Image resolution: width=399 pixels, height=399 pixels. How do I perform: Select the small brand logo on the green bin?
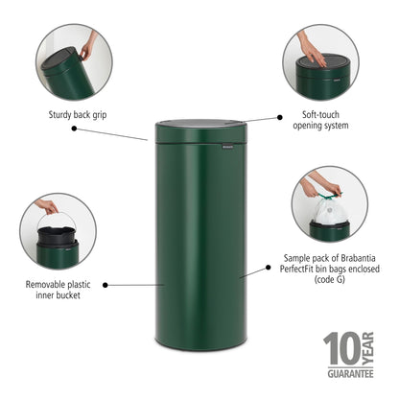226,146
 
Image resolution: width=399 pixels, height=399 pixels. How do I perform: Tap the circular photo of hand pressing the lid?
320,61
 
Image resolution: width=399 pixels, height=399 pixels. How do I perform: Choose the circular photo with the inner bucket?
57,231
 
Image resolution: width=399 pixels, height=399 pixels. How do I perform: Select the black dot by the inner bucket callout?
105,285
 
